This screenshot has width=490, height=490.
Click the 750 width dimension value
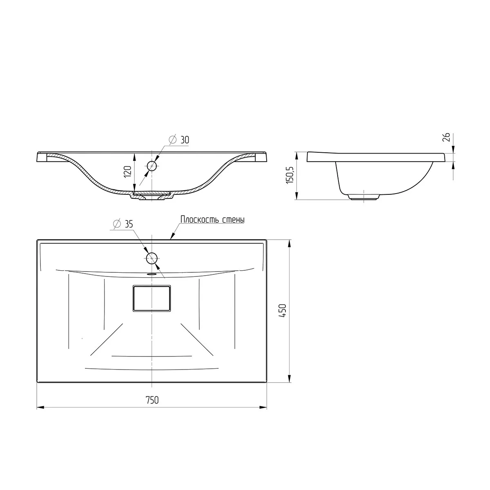coord(152,400)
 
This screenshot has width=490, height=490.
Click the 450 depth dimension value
coord(283,310)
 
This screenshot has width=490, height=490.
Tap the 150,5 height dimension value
coord(290,175)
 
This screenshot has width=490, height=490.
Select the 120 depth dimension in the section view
coord(127,171)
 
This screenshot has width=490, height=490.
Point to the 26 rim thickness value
coord(447,137)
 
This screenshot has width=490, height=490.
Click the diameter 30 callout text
coord(179,140)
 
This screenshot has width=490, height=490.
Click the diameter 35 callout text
coord(123,224)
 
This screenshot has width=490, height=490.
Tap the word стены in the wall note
coord(234,220)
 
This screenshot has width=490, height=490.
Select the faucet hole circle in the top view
coord(152,258)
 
